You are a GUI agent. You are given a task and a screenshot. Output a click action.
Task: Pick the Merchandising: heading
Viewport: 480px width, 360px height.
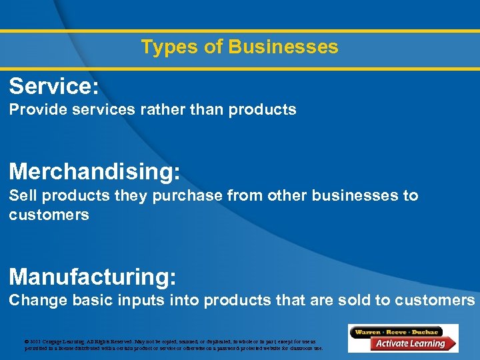click(95, 171)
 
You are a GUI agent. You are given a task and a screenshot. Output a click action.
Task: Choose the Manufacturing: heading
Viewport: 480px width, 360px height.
click(93, 276)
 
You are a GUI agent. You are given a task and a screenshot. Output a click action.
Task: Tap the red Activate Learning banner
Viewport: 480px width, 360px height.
click(408, 344)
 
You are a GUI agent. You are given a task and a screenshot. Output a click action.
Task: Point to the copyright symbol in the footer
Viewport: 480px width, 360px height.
click(27, 341)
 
